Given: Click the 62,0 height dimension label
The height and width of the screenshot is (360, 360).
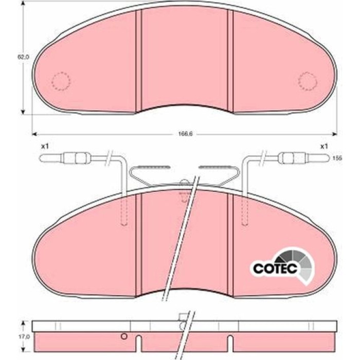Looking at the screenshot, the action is (24, 57).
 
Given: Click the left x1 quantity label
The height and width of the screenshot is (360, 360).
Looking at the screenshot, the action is (45, 146).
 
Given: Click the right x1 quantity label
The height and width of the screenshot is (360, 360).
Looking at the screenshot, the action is (324, 146).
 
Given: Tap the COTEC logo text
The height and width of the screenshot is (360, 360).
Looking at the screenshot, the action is (275, 268).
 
